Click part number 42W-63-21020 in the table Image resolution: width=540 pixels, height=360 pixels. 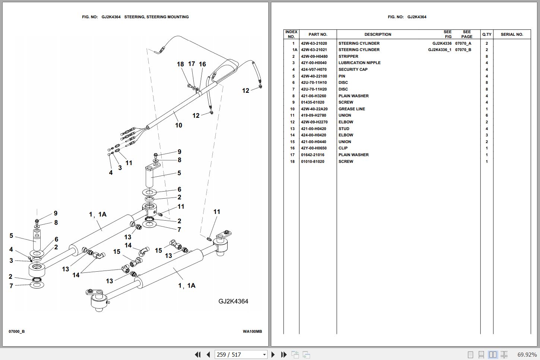click(x=314, y=43)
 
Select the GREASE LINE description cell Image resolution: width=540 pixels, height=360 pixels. click(x=351, y=109)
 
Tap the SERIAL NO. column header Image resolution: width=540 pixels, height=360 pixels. click(x=512, y=34)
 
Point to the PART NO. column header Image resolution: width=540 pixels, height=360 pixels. click(x=318, y=34)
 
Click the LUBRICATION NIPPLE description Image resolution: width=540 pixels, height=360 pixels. click(x=359, y=63)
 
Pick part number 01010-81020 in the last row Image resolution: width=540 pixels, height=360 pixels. click(x=312, y=161)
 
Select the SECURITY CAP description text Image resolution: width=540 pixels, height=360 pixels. click(x=353, y=69)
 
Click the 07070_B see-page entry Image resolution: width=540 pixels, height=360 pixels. click(x=463, y=50)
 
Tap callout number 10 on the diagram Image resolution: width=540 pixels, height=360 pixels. click(x=179, y=125)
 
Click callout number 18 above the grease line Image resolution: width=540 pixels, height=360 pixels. click(x=180, y=64)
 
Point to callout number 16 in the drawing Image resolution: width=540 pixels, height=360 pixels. click(x=202, y=64)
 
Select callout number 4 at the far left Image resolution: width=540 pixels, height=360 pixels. click(x=11, y=249)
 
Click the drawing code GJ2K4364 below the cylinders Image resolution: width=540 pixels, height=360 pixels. click(x=233, y=301)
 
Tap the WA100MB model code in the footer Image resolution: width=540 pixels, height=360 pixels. click(x=252, y=331)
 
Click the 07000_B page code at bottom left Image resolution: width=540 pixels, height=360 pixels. click(x=17, y=331)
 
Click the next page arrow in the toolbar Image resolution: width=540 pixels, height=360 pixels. click(x=273, y=354)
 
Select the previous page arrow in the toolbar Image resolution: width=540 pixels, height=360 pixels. click(x=208, y=354)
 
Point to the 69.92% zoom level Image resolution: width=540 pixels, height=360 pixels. click(x=527, y=354)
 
